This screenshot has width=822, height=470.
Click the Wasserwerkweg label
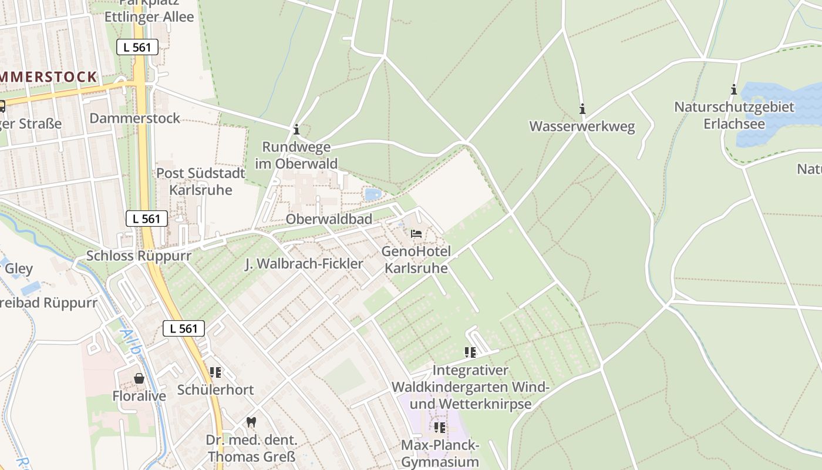(582, 127)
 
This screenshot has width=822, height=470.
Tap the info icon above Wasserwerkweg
(582, 109)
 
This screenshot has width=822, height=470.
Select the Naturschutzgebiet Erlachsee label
(734, 115)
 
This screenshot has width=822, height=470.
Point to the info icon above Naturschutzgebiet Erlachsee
(733, 89)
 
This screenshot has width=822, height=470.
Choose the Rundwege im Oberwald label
(297, 155)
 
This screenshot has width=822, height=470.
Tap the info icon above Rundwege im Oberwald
(297, 129)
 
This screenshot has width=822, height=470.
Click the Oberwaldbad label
(329, 219)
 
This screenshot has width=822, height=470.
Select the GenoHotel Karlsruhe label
(416, 260)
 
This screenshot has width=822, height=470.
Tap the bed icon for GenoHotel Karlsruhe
(416, 234)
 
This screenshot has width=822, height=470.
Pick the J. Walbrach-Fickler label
(304, 264)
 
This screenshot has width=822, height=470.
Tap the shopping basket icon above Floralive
(139, 378)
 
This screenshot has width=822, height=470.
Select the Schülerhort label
(215, 390)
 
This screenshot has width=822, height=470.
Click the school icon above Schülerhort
(215, 372)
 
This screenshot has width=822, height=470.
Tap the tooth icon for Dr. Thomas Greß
(251, 422)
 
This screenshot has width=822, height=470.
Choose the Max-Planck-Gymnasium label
(440, 453)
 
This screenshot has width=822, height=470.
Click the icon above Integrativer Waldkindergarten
(470, 352)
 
